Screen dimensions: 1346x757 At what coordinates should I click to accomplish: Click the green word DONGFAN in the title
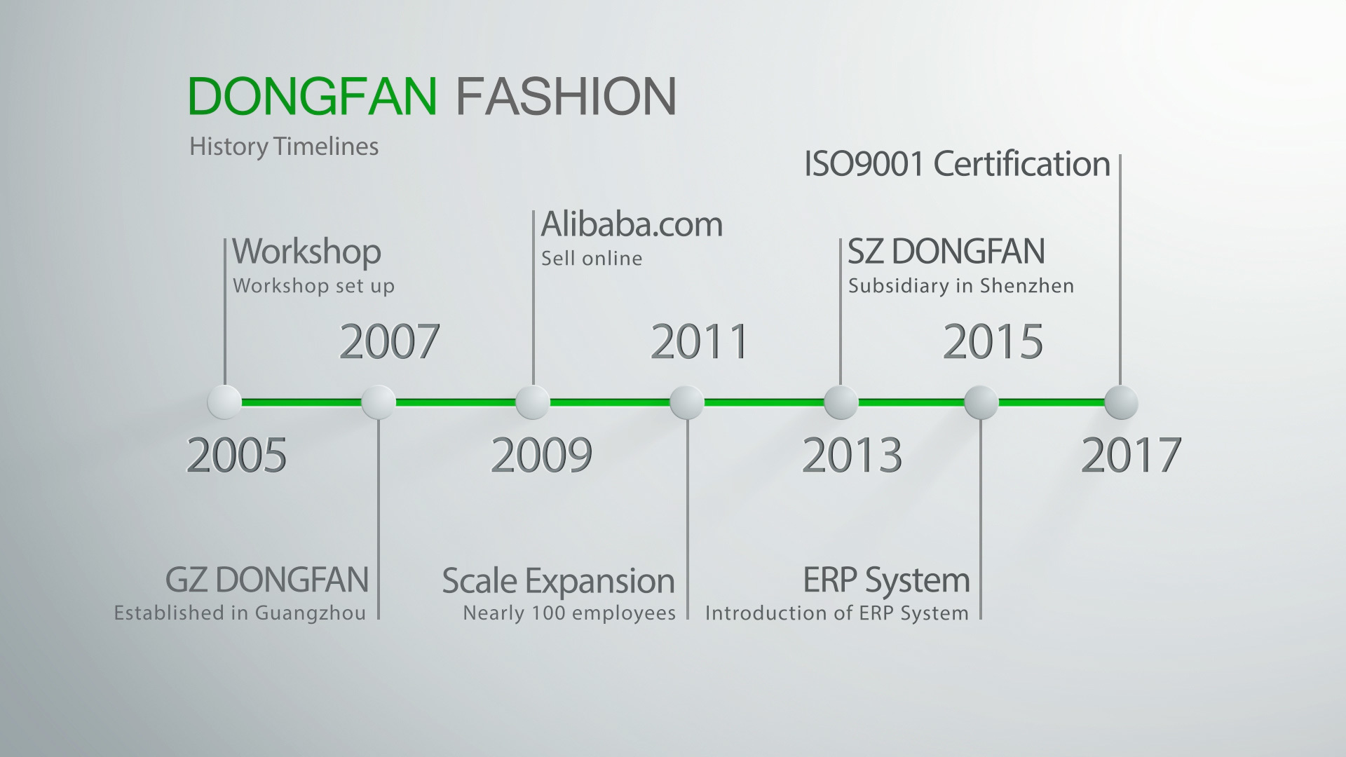pos(313,96)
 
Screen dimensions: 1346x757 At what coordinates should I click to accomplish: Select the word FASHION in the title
pos(566,96)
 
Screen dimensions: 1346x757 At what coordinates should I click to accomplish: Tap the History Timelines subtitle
pos(284,146)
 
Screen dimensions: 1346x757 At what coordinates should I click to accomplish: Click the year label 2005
pos(236,455)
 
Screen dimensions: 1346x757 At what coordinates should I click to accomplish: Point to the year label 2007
pos(389,341)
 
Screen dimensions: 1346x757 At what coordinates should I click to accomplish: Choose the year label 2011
pos(700,341)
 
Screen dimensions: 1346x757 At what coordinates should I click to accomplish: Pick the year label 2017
pos(1131,455)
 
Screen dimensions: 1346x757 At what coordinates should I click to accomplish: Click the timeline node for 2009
pos(533,402)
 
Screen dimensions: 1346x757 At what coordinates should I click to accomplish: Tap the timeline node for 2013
pos(841,402)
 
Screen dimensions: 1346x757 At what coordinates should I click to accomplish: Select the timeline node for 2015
pos(981,402)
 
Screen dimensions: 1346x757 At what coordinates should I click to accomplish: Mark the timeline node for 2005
pos(224,402)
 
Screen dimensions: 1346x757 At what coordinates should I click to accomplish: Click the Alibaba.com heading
pos(632,224)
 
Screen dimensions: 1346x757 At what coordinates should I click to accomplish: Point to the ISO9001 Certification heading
pos(957,164)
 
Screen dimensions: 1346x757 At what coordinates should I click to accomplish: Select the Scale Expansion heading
pos(558,581)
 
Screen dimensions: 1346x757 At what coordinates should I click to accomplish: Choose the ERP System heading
pos(886,581)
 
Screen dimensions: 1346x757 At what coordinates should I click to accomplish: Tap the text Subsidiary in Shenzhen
pos(961,286)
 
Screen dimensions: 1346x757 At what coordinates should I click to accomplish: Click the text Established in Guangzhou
pos(240,613)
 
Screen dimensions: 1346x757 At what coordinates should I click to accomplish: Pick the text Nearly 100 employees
pos(569,613)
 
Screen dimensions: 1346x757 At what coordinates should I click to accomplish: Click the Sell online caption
pos(592,259)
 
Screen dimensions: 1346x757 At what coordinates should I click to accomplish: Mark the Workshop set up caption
pos(313,286)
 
